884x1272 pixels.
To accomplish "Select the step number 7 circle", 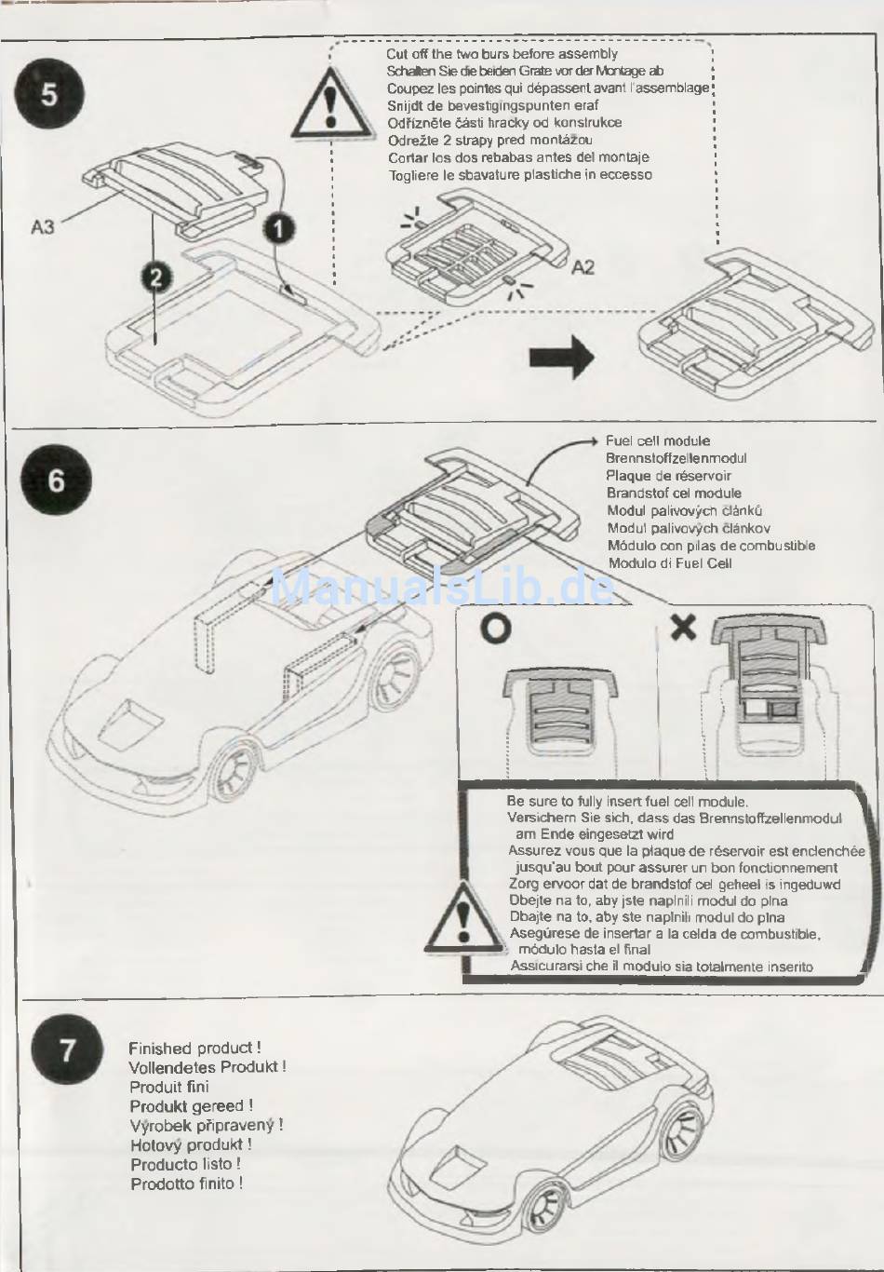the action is [x=67, y=1049].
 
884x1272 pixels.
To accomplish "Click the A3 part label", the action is [x=43, y=226].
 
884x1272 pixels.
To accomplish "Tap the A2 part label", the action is [x=583, y=267].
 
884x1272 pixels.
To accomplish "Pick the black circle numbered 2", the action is [x=156, y=277].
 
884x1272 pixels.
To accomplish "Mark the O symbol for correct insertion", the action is [x=495, y=629].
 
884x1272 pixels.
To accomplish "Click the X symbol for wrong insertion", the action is [x=683, y=627].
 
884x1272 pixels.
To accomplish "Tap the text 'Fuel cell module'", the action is [x=657, y=441].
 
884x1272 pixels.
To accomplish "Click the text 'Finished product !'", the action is [x=194, y=1049].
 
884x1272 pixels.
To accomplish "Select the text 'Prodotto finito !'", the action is [x=186, y=1184].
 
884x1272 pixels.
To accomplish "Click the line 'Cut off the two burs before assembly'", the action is [x=502, y=54].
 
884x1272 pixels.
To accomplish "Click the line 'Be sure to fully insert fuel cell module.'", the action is [x=627, y=801].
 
